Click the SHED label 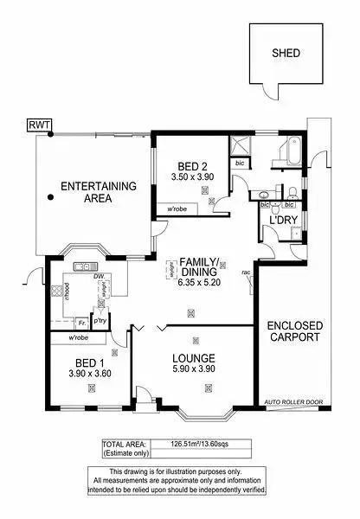point(286,52)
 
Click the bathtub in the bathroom point(286,157)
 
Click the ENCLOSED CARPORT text point(295,331)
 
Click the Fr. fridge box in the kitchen point(81,322)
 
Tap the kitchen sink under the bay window point(87,266)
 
